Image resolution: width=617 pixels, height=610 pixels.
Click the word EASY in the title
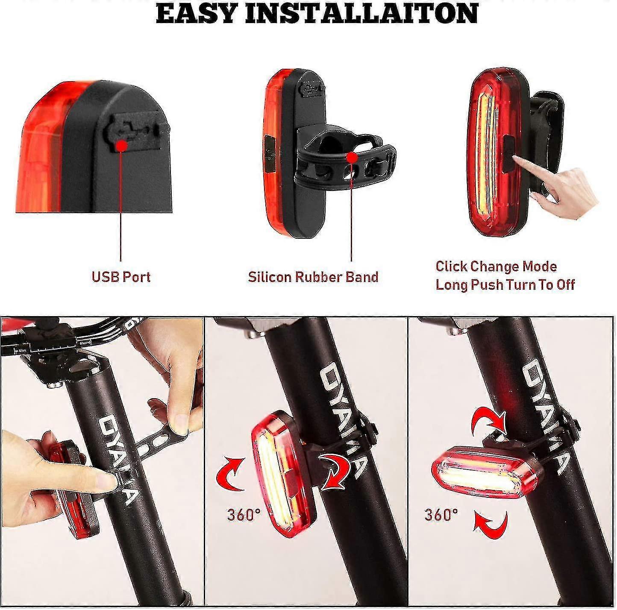199,13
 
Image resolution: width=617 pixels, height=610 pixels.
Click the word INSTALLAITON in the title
361,13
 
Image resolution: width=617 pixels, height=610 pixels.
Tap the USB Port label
121,277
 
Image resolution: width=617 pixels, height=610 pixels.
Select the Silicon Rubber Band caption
313,277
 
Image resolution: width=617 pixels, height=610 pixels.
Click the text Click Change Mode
496,267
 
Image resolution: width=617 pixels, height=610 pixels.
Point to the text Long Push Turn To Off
505,284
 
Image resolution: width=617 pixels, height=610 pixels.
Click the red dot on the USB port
121,146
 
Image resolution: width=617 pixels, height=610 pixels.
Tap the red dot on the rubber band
352,158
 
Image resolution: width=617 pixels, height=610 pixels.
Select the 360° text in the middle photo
244,515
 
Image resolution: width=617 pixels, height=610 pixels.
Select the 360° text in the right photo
441,515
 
